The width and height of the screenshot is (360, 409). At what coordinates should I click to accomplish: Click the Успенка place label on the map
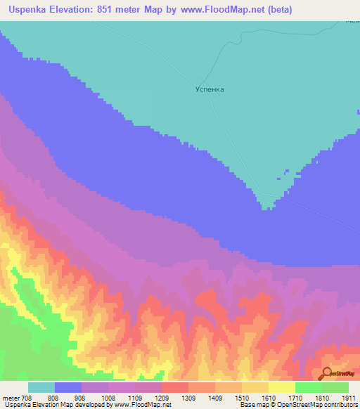[210, 90]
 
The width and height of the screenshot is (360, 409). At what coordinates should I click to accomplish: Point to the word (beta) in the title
[274, 10]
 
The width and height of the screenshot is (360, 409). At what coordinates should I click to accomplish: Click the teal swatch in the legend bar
[41, 387]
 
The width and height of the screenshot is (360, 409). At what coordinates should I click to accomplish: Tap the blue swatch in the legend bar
[68, 387]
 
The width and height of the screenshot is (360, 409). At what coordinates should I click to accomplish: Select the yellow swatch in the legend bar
[281, 387]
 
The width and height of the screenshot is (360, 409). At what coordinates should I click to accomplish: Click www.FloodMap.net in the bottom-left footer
[143, 405]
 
